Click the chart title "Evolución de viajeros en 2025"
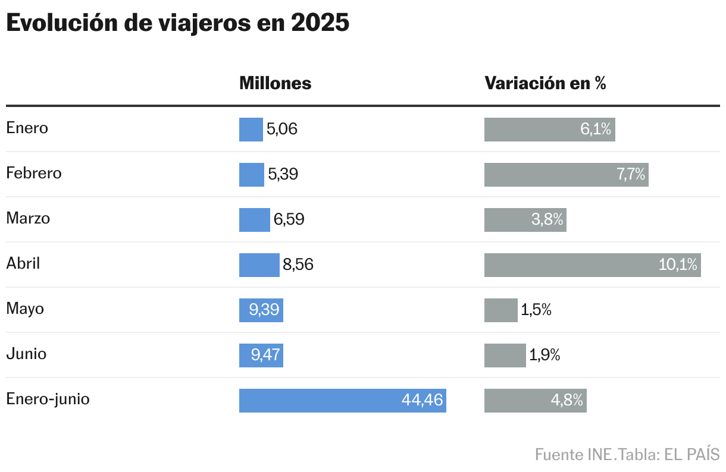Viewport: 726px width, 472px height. click(177, 24)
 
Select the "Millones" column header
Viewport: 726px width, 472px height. click(275, 83)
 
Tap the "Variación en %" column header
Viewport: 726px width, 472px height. click(545, 83)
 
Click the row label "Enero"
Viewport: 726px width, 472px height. click(27, 128)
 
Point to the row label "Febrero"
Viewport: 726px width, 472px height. click(34, 173)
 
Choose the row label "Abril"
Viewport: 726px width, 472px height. click(23, 263)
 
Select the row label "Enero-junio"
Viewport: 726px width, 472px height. click(48, 399)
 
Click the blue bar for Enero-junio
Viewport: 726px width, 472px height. click(321, 401)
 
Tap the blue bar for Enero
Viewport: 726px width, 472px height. click(251, 130)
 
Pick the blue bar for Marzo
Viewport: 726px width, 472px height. click(254, 220)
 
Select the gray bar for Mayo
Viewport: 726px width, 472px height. click(500, 310)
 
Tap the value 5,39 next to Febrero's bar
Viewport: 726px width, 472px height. click(283, 175)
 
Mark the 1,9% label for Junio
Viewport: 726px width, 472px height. click(544, 355)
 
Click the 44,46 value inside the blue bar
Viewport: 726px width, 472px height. click(422, 401)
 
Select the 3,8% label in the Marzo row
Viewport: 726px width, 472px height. click(547, 220)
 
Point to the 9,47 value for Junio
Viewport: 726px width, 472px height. click(265, 355)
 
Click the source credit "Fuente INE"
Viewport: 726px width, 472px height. click(574, 455)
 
